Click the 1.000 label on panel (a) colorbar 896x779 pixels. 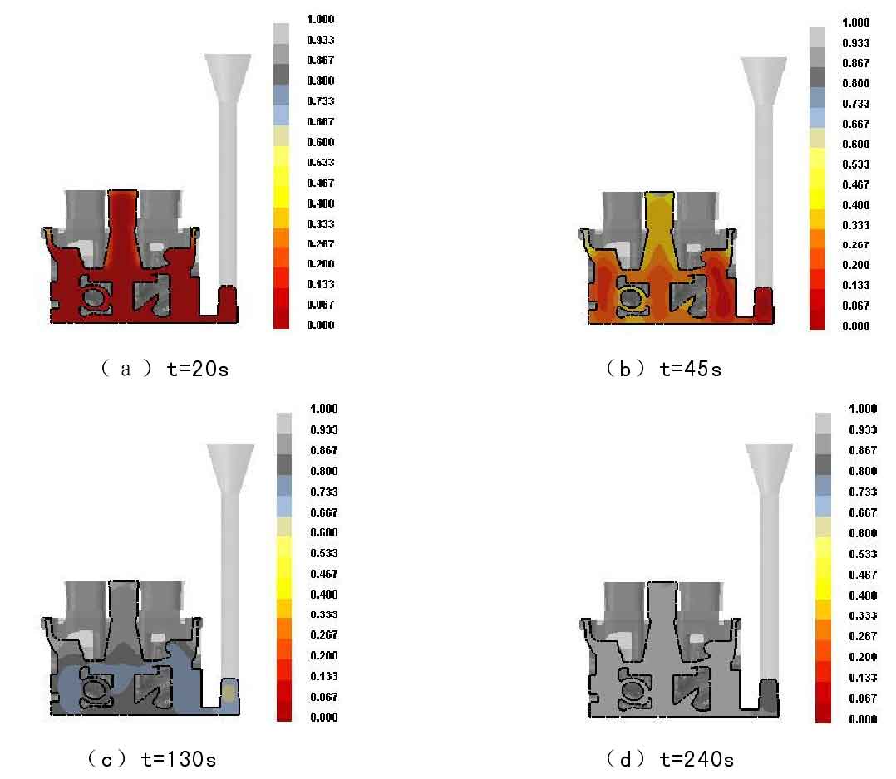(x=322, y=19)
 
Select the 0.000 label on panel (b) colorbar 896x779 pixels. (x=857, y=326)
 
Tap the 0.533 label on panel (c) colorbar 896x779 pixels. (x=323, y=553)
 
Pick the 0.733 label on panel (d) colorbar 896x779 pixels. (x=862, y=492)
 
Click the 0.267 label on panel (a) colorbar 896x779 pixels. (x=322, y=244)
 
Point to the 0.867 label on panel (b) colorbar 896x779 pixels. (x=857, y=63)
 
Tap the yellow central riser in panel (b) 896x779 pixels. (x=659, y=220)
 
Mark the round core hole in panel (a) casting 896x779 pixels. (x=94, y=297)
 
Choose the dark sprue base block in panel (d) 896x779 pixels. (x=770, y=696)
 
